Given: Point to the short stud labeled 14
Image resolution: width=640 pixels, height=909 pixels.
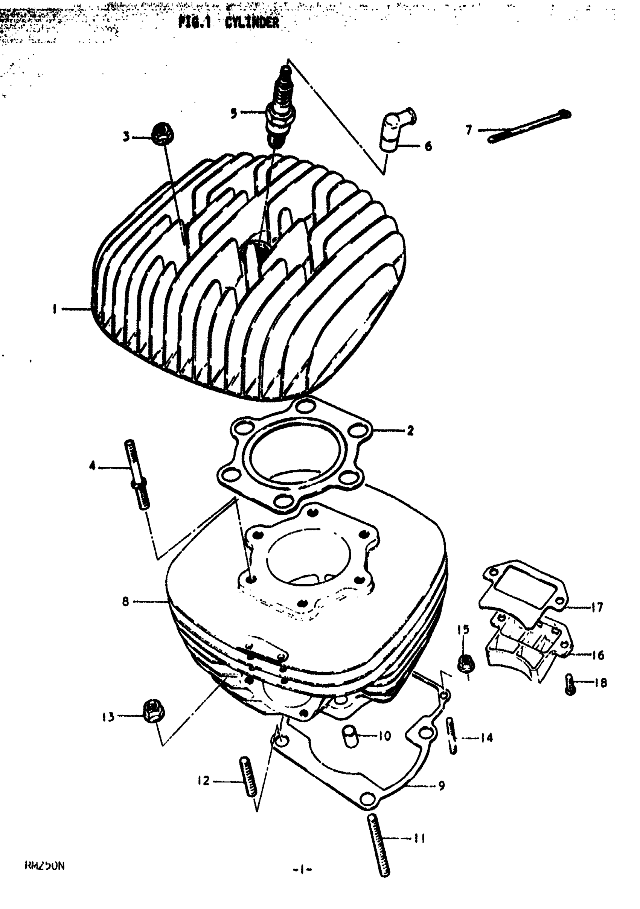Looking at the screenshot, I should pos(452,735).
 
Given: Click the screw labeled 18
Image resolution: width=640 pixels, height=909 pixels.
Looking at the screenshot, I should pos(570,684).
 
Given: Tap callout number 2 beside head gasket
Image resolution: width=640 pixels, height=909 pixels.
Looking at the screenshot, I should pos(410,430).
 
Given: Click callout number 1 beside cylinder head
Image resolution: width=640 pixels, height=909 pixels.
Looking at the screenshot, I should pos(54,309).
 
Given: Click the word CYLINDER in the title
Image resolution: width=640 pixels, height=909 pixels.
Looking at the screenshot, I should pos(252,23).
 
